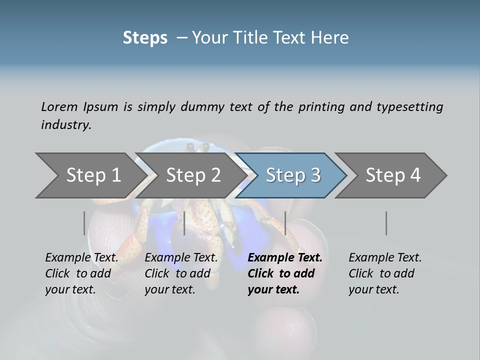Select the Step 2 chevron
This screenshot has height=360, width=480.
click(x=193, y=175)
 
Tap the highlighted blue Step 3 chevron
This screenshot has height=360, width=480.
click(x=293, y=175)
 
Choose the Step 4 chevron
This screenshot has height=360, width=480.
click(x=393, y=175)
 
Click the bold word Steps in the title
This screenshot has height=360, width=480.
click(x=145, y=37)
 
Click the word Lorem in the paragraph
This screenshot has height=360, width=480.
click(x=59, y=107)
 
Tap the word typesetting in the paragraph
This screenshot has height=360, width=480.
click(x=409, y=107)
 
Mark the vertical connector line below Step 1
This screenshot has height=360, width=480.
click(x=84, y=223)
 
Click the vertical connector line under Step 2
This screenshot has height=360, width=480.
click(x=184, y=223)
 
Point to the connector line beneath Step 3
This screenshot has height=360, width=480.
click(x=285, y=223)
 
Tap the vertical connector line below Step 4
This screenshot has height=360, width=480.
click(x=386, y=223)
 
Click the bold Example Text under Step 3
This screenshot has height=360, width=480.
click(x=285, y=258)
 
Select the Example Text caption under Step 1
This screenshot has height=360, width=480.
click(x=82, y=258)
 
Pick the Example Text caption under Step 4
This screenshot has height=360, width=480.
click(x=385, y=258)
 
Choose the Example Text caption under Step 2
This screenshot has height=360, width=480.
click(x=181, y=258)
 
